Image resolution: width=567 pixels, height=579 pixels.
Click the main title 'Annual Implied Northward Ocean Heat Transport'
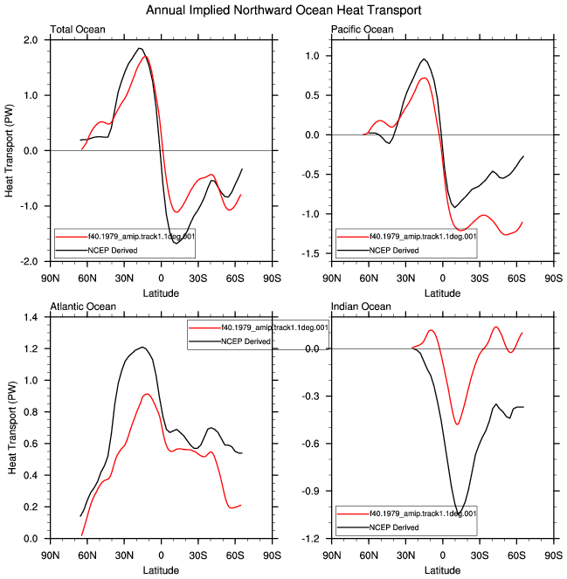283,10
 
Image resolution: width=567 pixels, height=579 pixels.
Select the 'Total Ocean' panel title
78,29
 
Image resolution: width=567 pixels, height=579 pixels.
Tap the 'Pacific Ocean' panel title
362,29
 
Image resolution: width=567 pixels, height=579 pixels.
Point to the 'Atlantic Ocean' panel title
83,307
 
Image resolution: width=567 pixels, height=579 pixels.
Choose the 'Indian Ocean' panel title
361,307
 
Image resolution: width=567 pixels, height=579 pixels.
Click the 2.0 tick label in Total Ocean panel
31,40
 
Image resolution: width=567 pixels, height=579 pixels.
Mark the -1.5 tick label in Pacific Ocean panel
310,253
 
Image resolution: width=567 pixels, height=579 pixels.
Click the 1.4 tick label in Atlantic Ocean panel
31,317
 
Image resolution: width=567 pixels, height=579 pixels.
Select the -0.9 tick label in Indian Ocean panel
310,491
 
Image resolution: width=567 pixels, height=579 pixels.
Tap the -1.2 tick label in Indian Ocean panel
310,539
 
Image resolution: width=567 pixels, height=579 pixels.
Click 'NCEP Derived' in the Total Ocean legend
113,251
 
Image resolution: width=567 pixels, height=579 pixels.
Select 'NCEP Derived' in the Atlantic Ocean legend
245,341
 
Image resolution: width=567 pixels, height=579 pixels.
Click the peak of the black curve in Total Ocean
139,48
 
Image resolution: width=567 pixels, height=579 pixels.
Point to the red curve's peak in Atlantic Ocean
147,394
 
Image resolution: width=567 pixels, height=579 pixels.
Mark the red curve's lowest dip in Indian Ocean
457,424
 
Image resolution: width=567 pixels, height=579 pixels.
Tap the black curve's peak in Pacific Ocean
425,59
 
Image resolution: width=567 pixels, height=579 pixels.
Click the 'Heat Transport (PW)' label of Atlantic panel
12,428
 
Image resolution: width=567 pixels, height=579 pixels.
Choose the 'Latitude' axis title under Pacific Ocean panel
442,293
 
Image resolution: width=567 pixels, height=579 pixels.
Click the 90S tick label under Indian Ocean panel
553,555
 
